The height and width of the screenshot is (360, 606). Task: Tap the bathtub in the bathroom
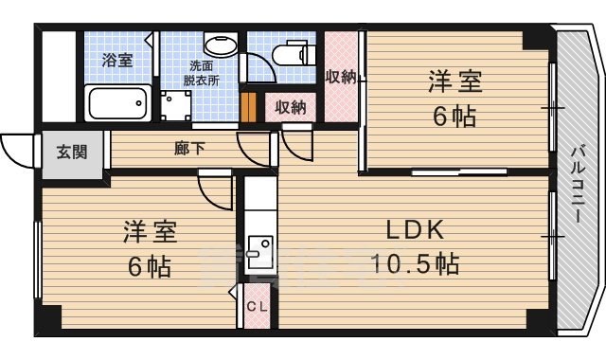coord(117,100)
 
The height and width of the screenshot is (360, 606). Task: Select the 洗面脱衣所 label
coord(202,73)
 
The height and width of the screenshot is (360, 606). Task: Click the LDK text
coord(414,230)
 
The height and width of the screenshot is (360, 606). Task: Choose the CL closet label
coord(256,306)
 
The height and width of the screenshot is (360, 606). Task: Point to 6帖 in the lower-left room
coord(151,267)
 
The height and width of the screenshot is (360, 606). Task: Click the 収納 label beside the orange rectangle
coord(291,107)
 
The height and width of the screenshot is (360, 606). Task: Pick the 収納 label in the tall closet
coord(340,77)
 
